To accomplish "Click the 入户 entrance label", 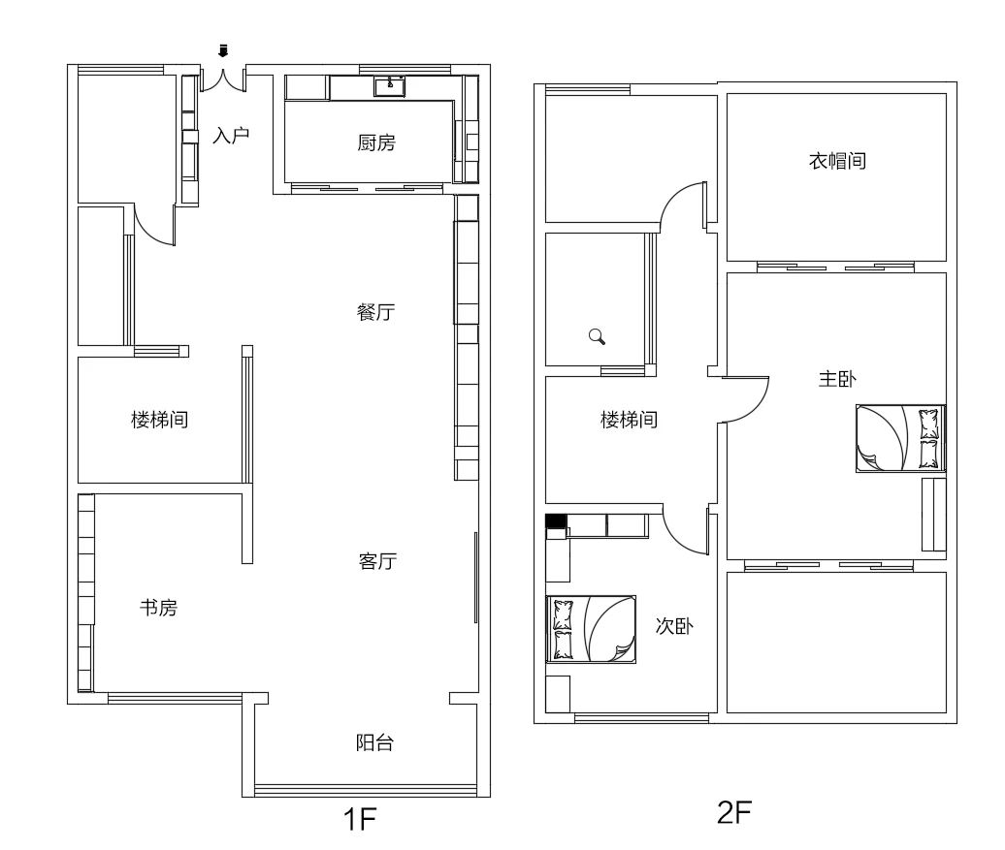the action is (x=231, y=135).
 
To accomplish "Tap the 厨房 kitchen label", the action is (x=376, y=142).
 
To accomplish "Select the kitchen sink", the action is (x=389, y=86).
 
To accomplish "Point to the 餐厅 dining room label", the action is (x=375, y=312).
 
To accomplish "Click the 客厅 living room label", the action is (x=377, y=560).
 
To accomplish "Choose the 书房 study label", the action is (x=158, y=608).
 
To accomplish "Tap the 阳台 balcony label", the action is (x=375, y=742).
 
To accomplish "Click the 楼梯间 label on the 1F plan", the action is (x=160, y=420).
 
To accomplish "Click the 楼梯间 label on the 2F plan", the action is (x=629, y=420).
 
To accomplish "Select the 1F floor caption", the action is (x=360, y=819).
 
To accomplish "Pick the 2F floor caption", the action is (x=734, y=813).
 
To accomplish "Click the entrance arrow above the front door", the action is (x=223, y=51).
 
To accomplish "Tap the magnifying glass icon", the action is (x=598, y=336).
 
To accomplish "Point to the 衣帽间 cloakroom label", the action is (x=838, y=160).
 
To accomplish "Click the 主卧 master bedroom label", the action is (x=837, y=379).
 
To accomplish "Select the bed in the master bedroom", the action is (x=900, y=438).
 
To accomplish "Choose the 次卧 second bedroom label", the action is (x=674, y=625).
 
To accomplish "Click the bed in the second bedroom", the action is (x=591, y=628).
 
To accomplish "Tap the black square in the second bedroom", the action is (x=555, y=520).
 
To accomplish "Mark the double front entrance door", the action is (x=223, y=79).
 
